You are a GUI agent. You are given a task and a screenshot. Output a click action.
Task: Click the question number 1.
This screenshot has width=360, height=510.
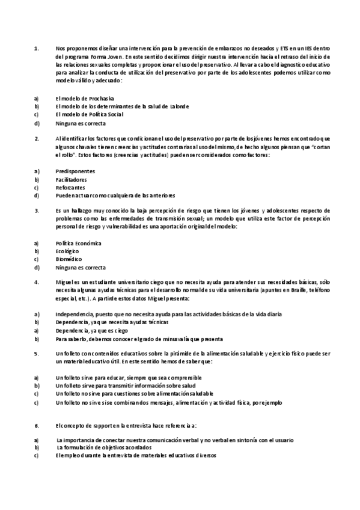tap(37, 48)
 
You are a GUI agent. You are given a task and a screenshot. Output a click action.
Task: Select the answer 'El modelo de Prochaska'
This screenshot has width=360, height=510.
tap(84, 98)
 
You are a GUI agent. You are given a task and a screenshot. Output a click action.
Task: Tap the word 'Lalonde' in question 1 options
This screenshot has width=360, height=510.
tap(176, 106)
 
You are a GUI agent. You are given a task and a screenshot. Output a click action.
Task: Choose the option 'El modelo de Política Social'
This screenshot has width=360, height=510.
tap(89, 115)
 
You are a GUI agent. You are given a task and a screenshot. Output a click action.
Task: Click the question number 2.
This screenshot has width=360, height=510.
tap(37, 139)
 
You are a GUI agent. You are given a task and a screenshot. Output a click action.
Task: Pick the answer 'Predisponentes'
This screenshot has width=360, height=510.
tap(75, 171)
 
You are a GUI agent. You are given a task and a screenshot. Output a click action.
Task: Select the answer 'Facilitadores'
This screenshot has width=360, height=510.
tap(71, 179)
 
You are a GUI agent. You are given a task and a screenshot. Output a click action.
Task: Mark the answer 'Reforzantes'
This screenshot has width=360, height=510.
tap(70, 188)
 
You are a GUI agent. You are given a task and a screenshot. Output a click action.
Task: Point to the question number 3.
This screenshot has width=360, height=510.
tap(37, 211)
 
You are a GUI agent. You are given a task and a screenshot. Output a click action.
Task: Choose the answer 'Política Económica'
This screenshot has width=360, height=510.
tap(78, 244)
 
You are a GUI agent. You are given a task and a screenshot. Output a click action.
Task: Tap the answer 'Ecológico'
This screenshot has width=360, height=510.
tap(67, 251)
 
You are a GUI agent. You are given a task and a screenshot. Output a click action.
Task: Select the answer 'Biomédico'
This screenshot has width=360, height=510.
tap(68, 260)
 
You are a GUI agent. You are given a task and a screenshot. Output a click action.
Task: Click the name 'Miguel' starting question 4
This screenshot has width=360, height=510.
tap(64, 282)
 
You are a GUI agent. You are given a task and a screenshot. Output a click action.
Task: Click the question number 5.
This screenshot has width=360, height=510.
tap(37, 354)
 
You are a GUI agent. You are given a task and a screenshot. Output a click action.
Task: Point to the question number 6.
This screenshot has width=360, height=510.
tap(37, 425)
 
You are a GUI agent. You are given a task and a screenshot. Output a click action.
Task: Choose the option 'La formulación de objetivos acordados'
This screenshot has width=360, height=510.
tap(104, 448)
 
